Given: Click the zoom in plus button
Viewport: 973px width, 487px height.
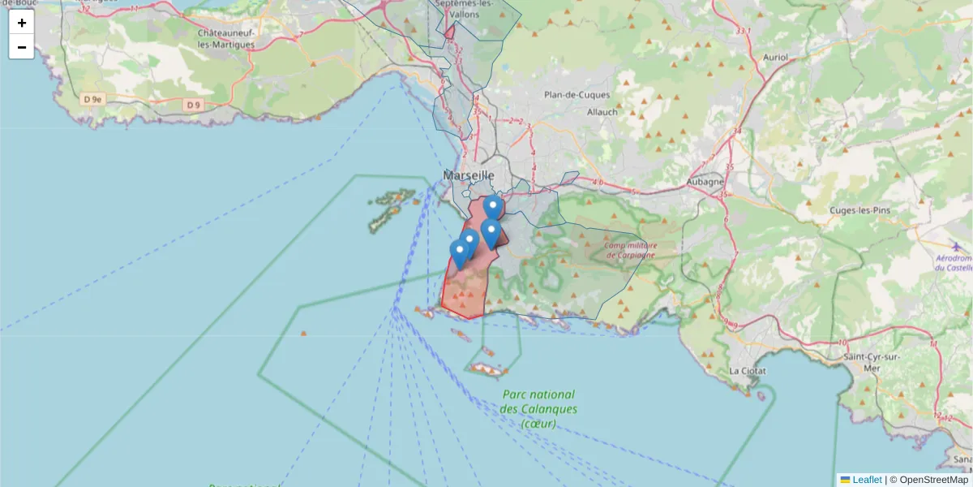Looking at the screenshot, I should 22,23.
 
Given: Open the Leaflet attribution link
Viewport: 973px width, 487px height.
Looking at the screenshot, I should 866,480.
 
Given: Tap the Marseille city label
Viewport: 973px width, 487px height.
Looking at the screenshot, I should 469,175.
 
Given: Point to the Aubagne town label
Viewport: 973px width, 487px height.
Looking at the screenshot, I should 705,182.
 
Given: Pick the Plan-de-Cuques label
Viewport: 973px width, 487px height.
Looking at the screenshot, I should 577,95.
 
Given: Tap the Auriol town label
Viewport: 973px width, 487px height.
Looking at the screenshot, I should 776,58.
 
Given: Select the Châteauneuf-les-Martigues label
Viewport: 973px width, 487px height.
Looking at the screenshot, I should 227,38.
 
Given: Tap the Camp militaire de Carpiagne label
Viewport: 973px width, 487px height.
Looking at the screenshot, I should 629,250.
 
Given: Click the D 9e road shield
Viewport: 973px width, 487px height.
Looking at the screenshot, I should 93,99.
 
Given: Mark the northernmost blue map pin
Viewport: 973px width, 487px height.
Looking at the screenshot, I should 493,206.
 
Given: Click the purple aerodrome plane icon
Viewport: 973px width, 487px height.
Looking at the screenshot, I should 954,245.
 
